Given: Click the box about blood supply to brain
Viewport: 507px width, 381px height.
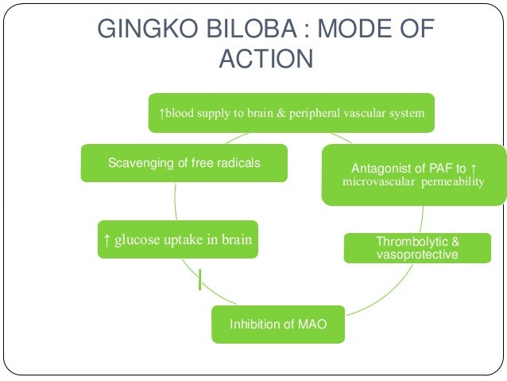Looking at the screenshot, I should tap(292, 113).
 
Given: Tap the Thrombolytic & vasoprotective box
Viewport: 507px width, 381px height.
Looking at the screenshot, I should tap(417, 247).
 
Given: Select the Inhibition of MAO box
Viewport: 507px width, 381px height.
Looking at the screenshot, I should tap(278, 324).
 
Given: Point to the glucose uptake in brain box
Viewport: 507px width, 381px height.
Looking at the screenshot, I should tap(177, 239).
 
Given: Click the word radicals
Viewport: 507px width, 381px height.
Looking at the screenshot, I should tap(238, 164).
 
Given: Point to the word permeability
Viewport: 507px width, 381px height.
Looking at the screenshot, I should tap(449, 182).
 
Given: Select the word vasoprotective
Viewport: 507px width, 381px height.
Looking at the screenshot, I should tap(417, 254).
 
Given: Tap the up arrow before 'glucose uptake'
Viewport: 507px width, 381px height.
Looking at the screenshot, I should tap(106, 239).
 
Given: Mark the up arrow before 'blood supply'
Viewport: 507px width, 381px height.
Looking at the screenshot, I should tap(162, 113).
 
